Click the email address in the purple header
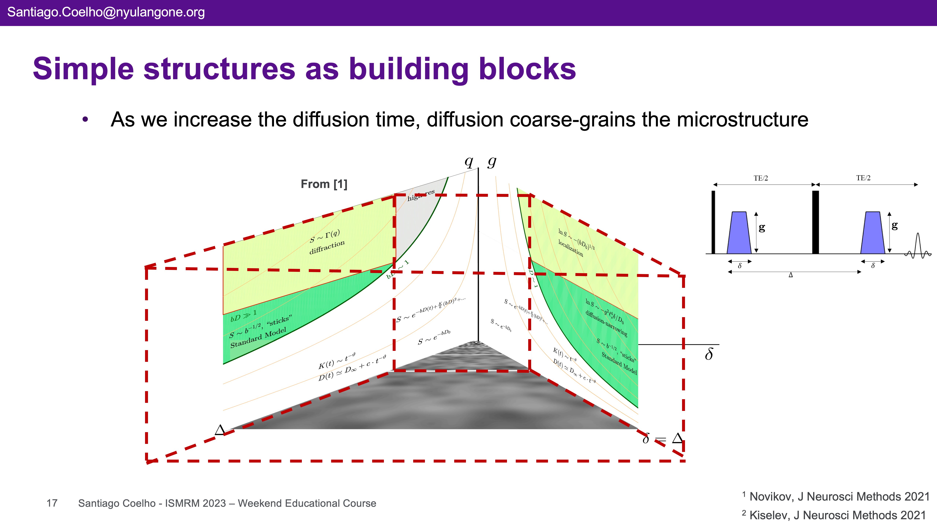click(x=106, y=12)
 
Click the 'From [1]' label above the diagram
click(x=324, y=184)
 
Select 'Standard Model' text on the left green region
click(x=258, y=338)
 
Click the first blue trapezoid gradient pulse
click(x=739, y=233)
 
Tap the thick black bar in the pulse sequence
click(x=816, y=222)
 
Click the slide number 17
click(x=52, y=503)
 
